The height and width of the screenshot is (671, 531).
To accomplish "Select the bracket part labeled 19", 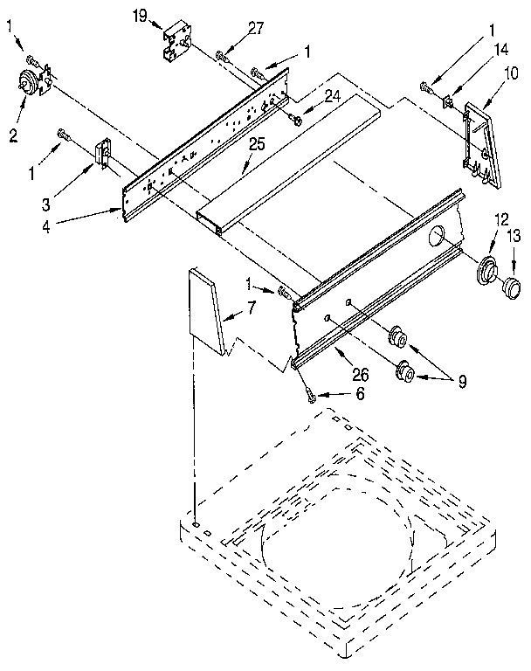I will (177, 41).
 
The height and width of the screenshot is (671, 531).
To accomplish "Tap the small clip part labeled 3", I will (100, 156).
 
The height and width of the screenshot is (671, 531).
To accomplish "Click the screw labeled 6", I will (311, 395).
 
